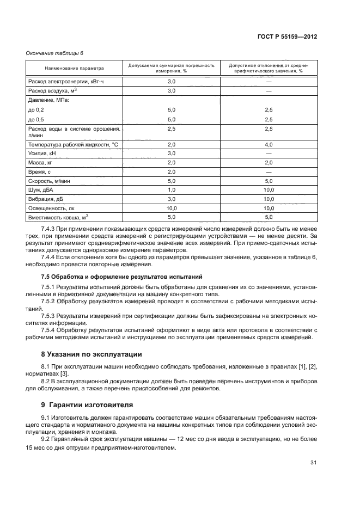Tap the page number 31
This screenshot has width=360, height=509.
point(313,463)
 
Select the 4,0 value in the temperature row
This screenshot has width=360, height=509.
point(268,144)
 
